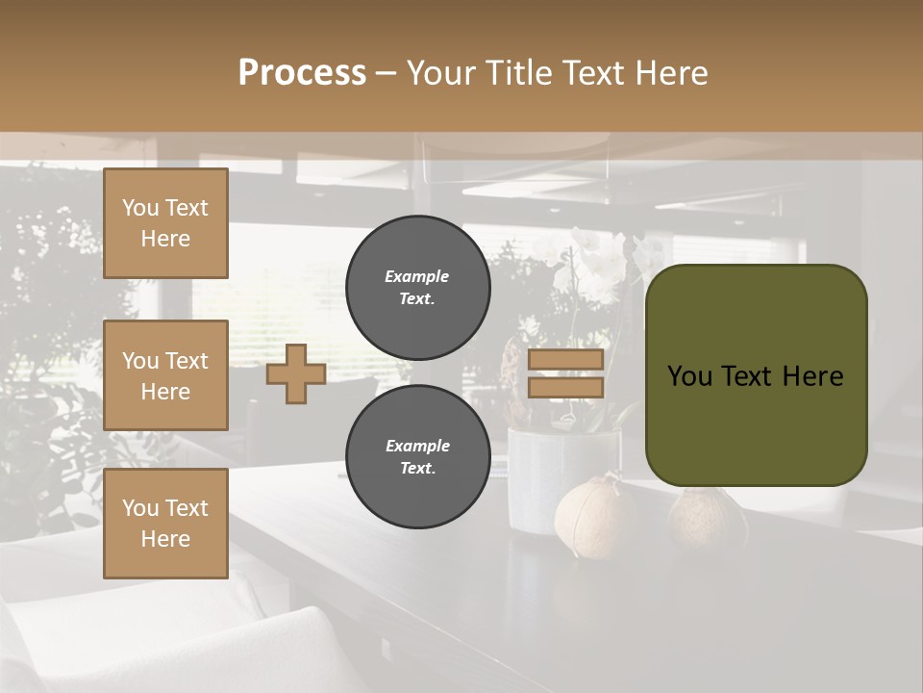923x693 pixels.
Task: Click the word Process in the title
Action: (x=302, y=73)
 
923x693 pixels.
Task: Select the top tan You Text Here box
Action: (x=165, y=223)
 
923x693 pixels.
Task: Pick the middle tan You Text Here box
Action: (x=165, y=375)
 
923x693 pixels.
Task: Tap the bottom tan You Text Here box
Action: (x=165, y=524)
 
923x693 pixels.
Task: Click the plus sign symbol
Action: (x=296, y=373)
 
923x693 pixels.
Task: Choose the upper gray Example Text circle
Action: (x=417, y=288)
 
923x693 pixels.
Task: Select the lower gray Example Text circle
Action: (x=417, y=457)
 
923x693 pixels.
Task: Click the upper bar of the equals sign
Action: (x=565, y=360)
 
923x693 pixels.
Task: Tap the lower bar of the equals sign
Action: (x=565, y=387)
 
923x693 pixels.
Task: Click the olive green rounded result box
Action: (x=756, y=375)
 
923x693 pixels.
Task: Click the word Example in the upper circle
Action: (x=417, y=276)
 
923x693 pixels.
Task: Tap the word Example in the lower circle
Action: (x=417, y=446)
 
